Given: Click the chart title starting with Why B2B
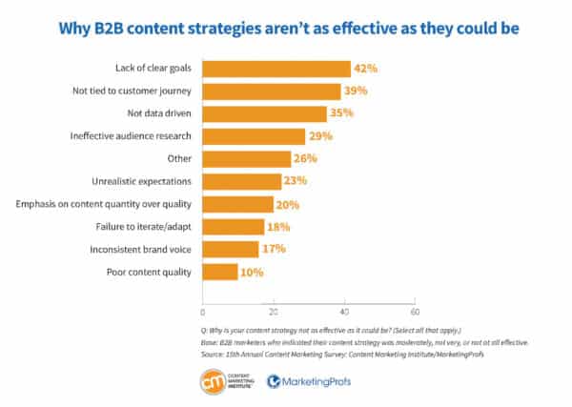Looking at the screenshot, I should tap(286, 26).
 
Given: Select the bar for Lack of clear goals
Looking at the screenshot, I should tap(276, 69).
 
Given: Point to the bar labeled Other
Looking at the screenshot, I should tap(248, 159).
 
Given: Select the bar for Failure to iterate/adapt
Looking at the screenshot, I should tap(234, 227).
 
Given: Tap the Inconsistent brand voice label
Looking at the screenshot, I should tap(145, 250).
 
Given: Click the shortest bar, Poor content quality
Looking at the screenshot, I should tap(220, 272).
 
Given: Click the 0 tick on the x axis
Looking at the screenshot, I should tap(203, 311).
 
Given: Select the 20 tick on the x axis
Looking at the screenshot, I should tap(274, 311).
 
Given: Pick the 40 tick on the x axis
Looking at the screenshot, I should tap(344, 311).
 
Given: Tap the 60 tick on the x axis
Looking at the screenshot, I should tap(415, 311).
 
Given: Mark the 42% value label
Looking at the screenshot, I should tap(366, 69).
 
